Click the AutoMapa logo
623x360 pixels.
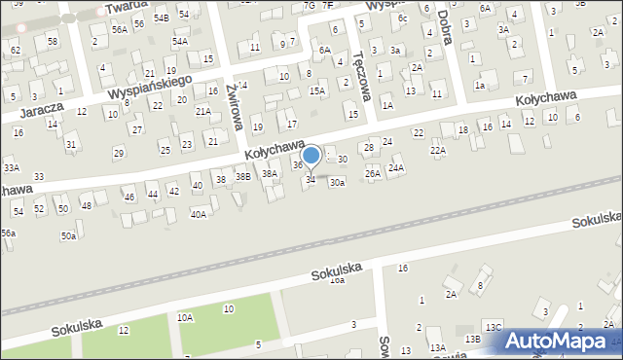(x=562, y=341)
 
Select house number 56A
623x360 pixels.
(x=120, y=30)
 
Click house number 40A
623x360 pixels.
(x=198, y=214)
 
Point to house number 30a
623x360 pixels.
(x=337, y=182)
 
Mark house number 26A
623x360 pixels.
(x=372, y=173)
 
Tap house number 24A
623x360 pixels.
(x=396, y=167)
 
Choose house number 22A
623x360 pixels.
(x=438, y=150)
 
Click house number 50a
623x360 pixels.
(x=68, y=235)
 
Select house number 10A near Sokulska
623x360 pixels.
(x=185, y=317)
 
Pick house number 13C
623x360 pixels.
(x=494, y=327)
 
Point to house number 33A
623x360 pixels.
(x=12, y=167)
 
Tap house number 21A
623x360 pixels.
(x=202, y=111)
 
